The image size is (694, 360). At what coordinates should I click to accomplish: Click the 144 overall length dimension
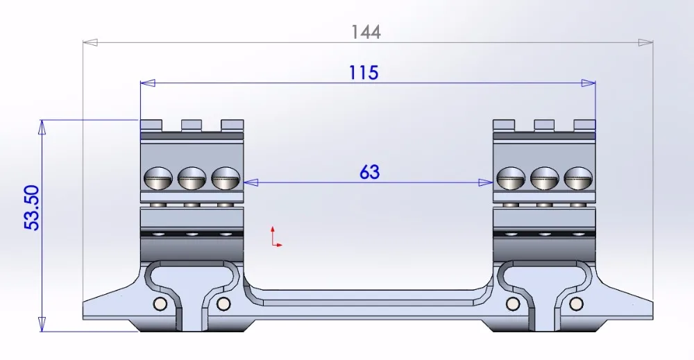coord(366,33)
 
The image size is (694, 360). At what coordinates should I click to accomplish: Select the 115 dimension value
coord(364,73)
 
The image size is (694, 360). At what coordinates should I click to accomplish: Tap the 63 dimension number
coord(370,172)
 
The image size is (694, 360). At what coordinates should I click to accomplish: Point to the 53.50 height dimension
coord(32,207)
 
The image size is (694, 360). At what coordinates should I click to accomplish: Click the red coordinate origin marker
coord(276,237)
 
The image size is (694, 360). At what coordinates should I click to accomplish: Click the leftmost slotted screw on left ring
coord(158,178)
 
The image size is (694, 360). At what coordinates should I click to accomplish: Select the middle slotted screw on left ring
coord(192,178)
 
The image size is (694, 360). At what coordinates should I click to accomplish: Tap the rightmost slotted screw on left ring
coord(226,178)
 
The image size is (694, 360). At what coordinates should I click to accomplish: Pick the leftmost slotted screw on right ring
coord(511,178)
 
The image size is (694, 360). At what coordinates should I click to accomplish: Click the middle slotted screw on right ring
coord(544,178)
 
